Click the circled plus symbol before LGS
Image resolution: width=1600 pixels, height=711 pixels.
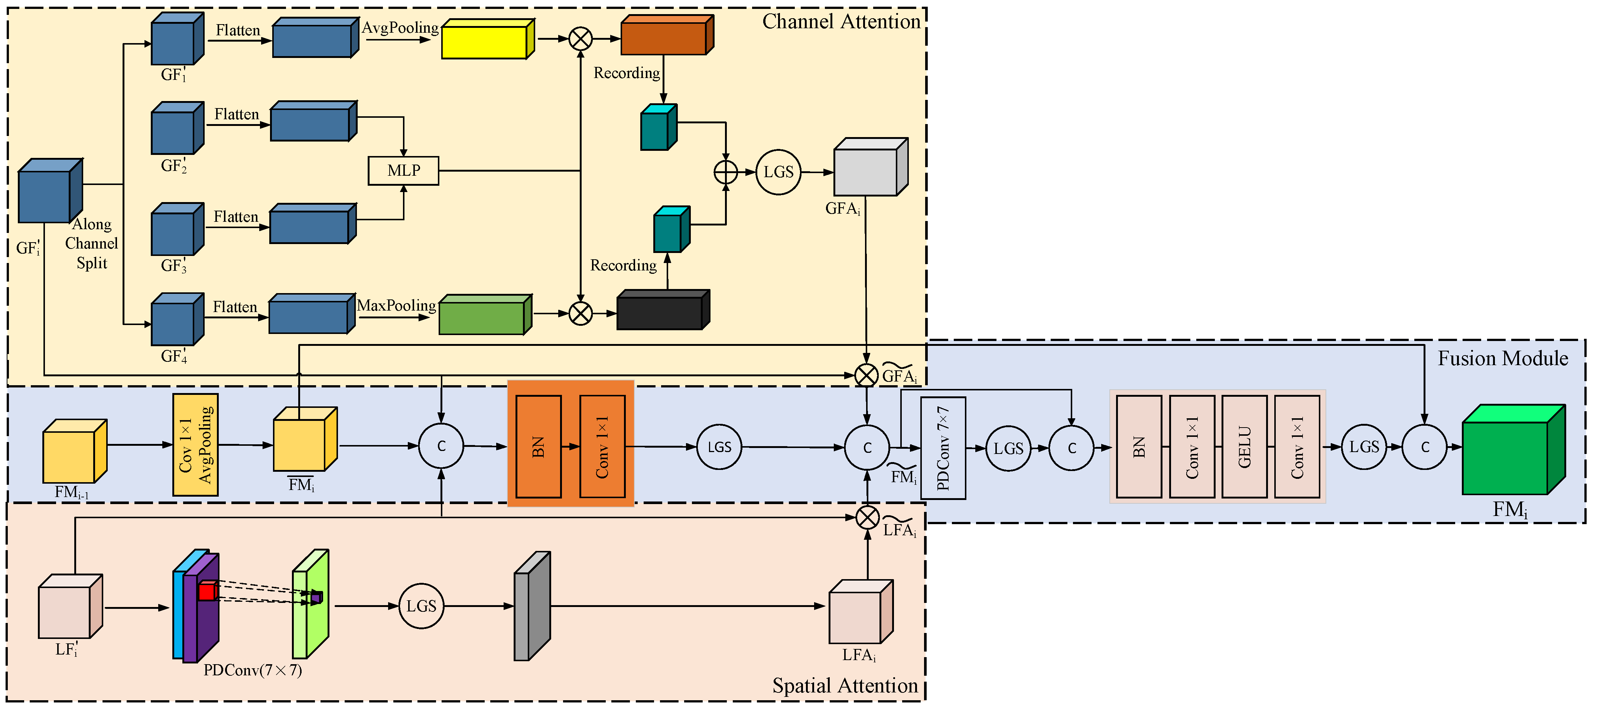click(x=725, y=172)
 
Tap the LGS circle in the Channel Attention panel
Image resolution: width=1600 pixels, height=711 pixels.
click(x=778, y=172)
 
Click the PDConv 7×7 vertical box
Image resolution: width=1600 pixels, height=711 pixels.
click(x=943, y=448)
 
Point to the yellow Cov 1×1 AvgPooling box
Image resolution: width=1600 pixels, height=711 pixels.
click(x=195, y=445)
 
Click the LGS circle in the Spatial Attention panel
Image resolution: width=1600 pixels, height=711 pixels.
click(x=421, y=606)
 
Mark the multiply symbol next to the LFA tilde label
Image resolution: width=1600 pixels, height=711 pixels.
click(x=867, y=517)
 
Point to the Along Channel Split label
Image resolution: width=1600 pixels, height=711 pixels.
click(x=91, y=244)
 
